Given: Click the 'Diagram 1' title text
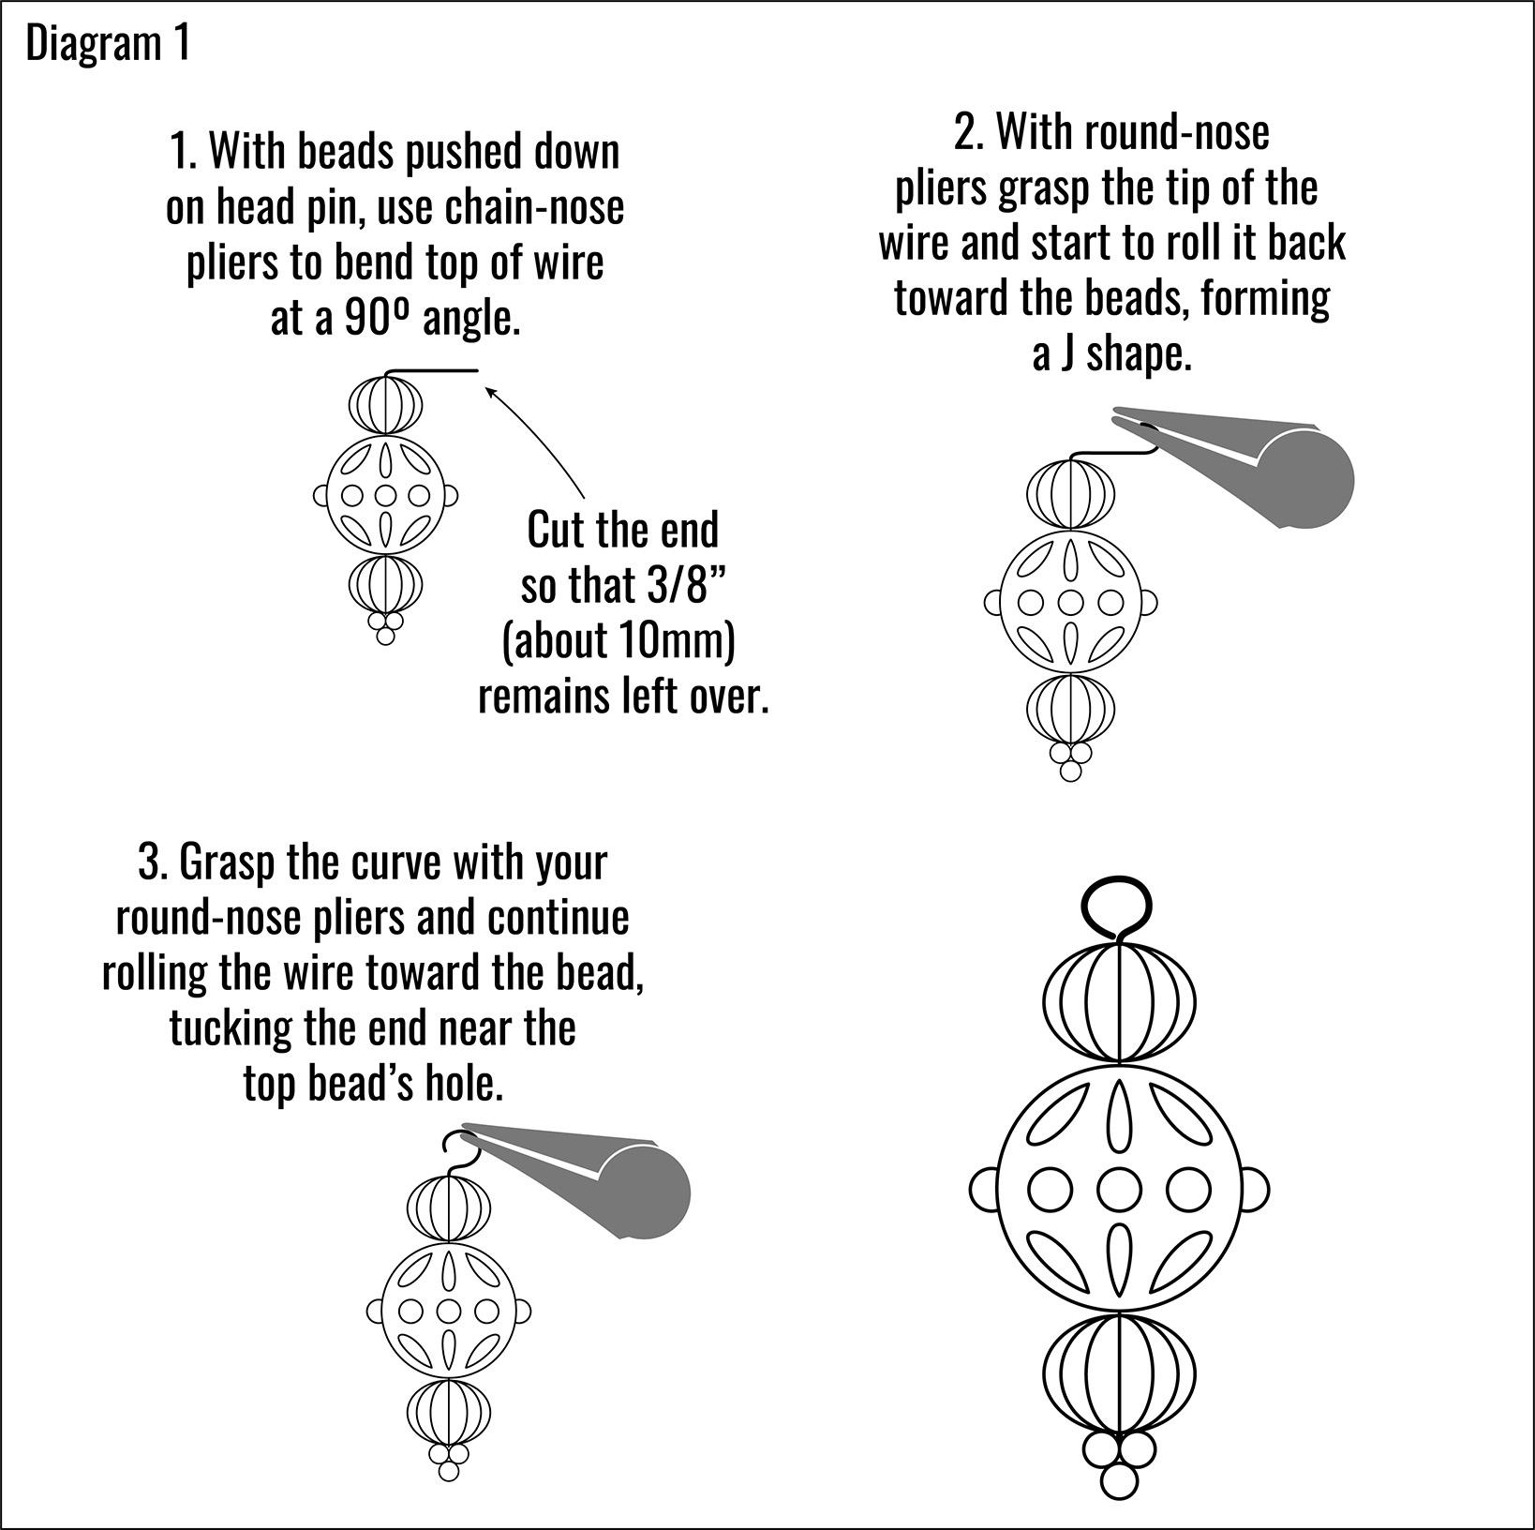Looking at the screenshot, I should point(108,44).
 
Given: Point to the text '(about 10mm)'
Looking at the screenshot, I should point(618,641).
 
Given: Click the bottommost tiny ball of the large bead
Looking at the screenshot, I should point(1119,1481).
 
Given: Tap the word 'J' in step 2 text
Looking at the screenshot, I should point(1067,356).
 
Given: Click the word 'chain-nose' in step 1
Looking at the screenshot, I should point(534,207).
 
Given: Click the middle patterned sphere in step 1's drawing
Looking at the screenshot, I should point(385,495).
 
